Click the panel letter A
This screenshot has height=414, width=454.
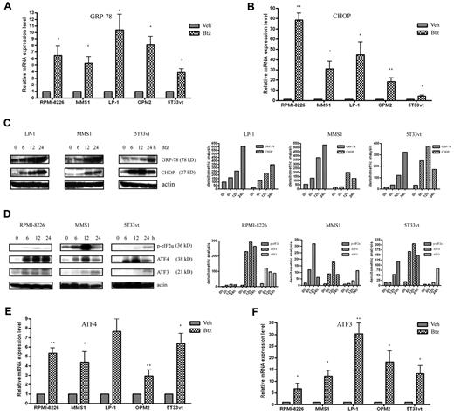[x=6, y=7]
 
